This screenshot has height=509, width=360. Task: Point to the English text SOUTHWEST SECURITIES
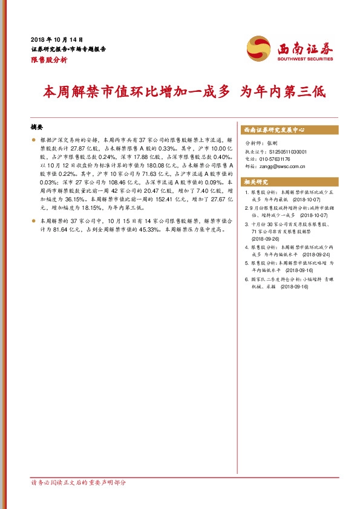click(x=305, y=59)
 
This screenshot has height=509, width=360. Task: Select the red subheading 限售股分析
click(x=49, y=60)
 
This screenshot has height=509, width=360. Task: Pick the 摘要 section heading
click(x=37, y=128)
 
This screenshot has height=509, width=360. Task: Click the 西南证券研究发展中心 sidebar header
click(x=273, y=130)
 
